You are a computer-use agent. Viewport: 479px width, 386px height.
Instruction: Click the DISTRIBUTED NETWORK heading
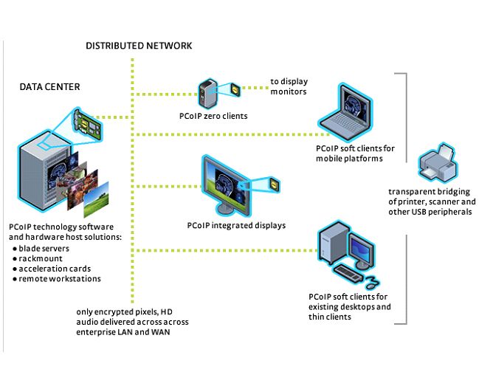pos(139,46)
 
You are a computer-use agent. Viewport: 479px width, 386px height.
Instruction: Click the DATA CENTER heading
pos(49,87)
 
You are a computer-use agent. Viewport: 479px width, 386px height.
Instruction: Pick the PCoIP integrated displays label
pos(236,225)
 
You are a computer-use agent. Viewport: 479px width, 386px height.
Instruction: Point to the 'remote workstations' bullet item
pos(59,278)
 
